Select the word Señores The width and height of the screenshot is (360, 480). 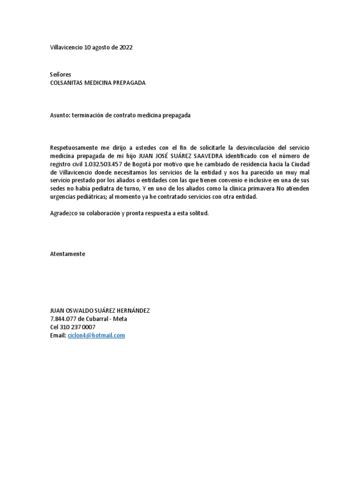click(60, 75)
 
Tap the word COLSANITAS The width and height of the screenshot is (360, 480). click(67, 82)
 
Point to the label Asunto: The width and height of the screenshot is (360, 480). click(60, 115)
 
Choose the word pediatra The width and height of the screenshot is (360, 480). click(103, 188)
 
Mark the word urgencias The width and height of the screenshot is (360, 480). click(64, 197)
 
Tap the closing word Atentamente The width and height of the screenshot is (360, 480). click(67, 254)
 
